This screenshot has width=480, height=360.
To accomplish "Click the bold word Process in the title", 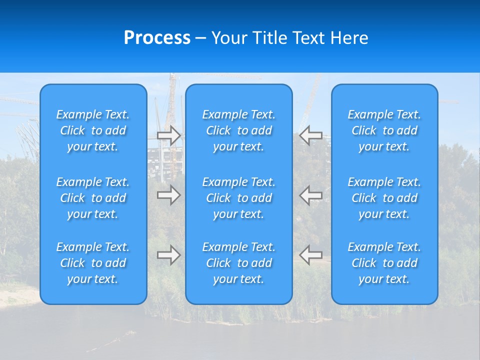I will pos(157,38).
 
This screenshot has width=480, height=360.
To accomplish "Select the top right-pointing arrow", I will pos(169,135).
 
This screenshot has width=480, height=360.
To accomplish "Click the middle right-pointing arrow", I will pos(169,195).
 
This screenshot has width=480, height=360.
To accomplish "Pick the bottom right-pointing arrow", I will pos(169,255).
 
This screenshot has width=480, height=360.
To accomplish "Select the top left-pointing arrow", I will pos(310,135).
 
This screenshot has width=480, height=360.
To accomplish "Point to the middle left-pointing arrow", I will pos(310,195).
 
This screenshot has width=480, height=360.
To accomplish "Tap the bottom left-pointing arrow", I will pos(310,255).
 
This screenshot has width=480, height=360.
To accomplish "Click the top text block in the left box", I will pos(93,130).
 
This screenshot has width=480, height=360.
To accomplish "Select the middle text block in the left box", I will pos(93,198).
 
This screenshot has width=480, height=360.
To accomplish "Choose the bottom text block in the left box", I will pos(93,263).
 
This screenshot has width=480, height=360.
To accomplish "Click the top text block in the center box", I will pos(238,130).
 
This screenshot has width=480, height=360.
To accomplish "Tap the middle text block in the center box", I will pos(238,198).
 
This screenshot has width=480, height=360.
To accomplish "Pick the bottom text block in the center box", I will pos(238,263).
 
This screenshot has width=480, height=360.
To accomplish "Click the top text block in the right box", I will pos(384,130).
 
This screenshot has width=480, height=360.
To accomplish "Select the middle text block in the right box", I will pos(384,198).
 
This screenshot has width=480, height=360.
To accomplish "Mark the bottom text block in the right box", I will pos(384,263).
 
